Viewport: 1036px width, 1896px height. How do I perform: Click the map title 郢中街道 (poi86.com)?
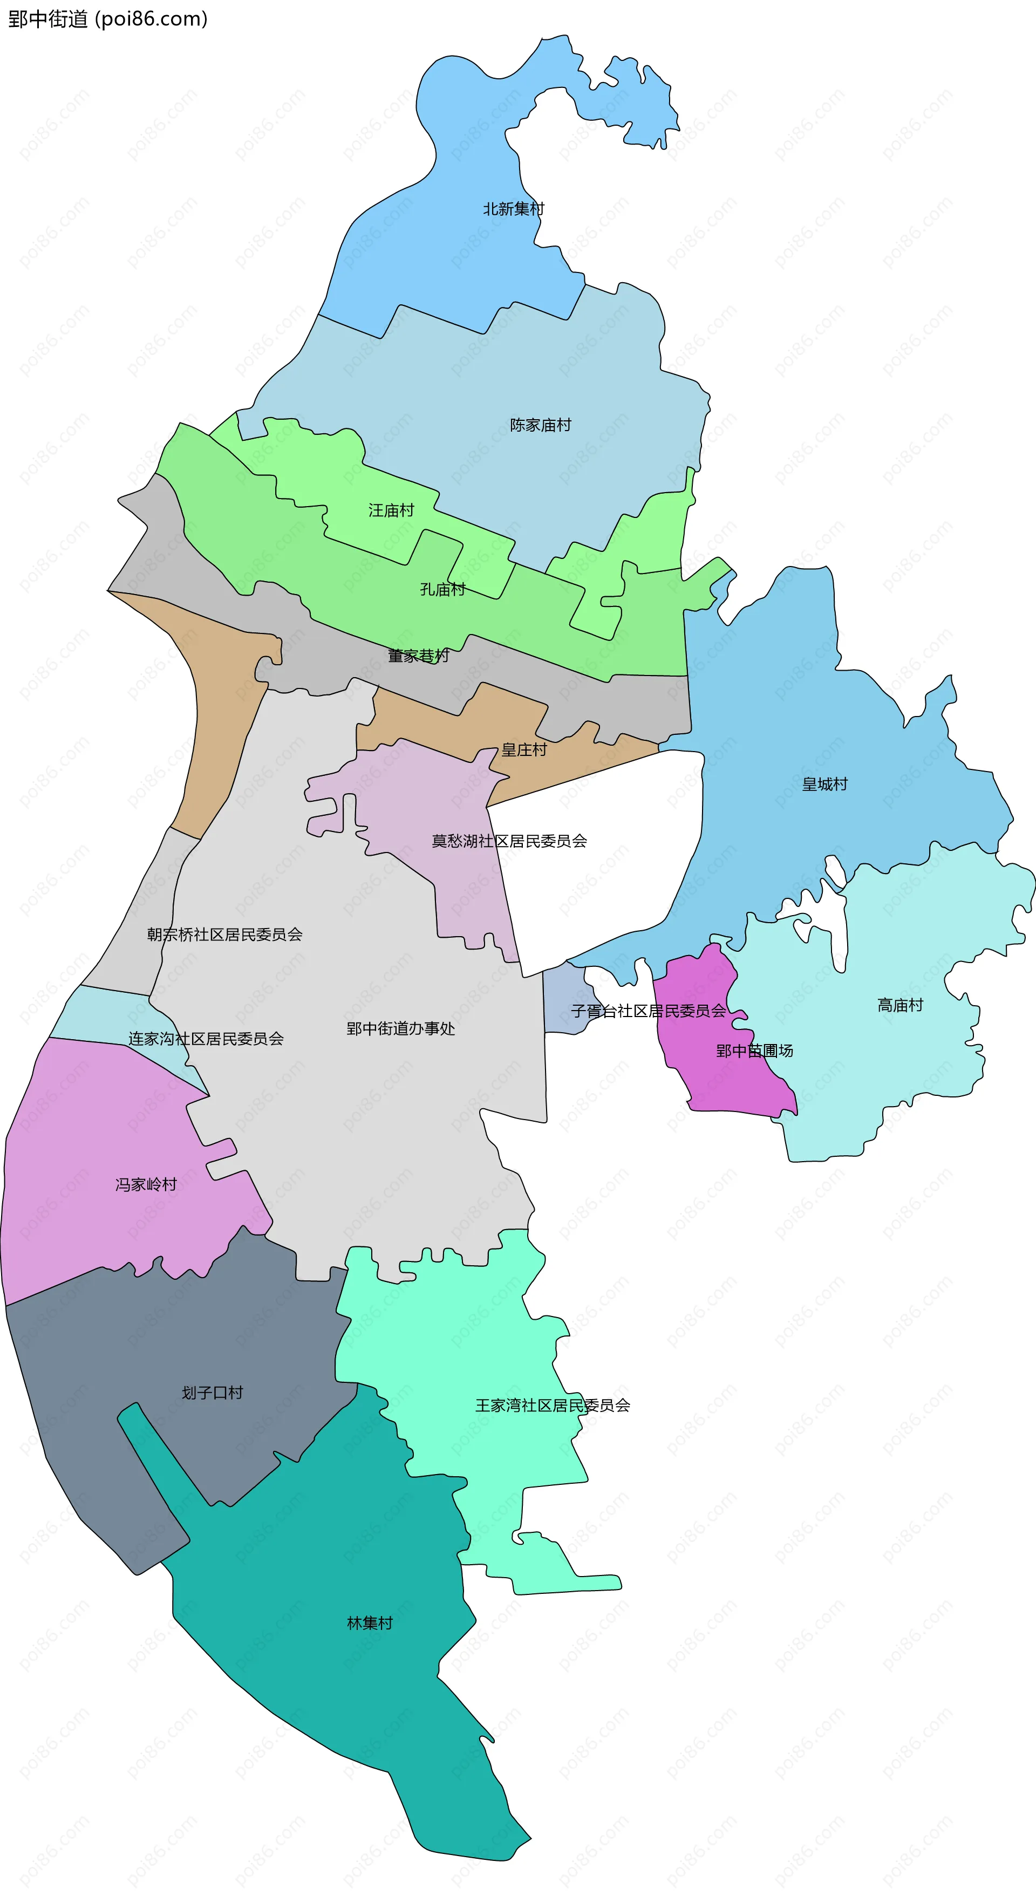(x=107, y=19)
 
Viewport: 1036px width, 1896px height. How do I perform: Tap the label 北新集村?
(x=513, y=209)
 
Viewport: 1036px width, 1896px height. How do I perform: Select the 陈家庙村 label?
(x=541, y=425)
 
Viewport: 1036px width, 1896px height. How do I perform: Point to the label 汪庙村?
(x=391, y=510)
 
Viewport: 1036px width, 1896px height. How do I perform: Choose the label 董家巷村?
(x=418, y=655)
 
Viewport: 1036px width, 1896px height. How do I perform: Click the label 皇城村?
(x=824, y=784)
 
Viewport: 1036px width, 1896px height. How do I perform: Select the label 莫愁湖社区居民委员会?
(x=509, y=841)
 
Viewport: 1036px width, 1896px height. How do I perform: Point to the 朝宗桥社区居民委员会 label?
(x=224, y=934)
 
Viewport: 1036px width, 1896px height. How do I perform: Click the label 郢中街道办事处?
(x=400, y=1028)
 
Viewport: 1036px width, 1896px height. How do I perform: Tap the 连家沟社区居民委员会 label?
(x=206, y=1039)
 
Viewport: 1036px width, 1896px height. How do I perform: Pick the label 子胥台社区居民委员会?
(x=648, y=1011)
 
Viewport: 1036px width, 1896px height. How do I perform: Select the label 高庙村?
(x=900, y=1005)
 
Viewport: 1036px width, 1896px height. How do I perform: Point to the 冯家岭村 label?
(x=146, y=1184)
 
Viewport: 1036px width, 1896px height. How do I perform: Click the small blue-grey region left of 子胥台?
(x=563, y=1001)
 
